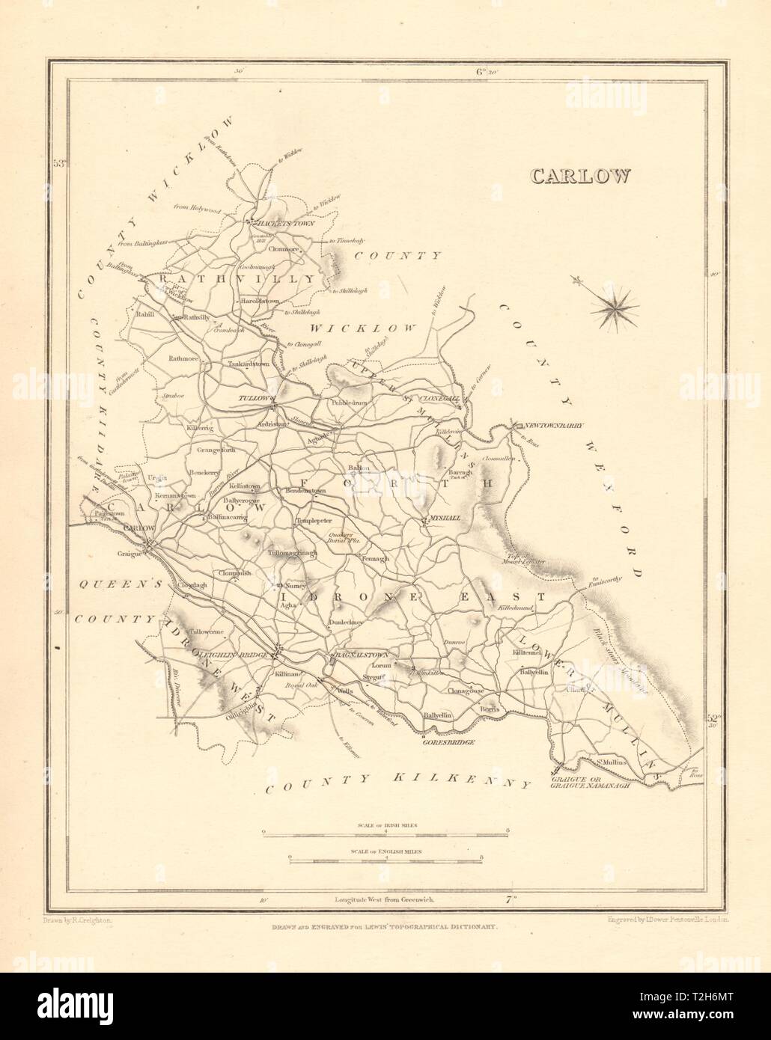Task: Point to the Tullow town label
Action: click(x=252, y=399)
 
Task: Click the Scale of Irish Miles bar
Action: click(x=385, y=831)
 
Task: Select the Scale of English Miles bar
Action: click(x=385, y=860)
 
